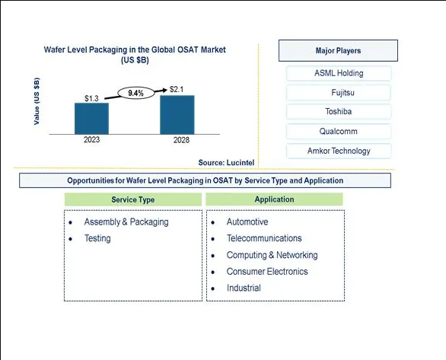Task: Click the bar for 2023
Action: tap(91, 118)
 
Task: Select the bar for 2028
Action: tap(177, 115)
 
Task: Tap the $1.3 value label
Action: tap(91, 98)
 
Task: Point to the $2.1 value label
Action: tap(177, 89)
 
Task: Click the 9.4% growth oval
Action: tap(136, 93)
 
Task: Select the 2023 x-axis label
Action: tap(91, 139)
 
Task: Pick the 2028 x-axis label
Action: tap(181, 140)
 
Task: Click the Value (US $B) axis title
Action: tap(37, 101)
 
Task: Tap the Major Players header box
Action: tap(338, 51)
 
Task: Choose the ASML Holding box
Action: tap(339, 73)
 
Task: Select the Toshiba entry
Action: tap(339, 111)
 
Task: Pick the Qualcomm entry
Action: tap(339, 132)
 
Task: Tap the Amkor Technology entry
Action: tap(339, 151)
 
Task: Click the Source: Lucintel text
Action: tap(226, 163)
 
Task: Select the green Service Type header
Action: tap(133, 199)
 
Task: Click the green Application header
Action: tap(275, 199)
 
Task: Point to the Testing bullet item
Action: tap(97, 238)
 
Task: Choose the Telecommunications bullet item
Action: tap(264, 238)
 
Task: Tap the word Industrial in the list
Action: tap(244, 288)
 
